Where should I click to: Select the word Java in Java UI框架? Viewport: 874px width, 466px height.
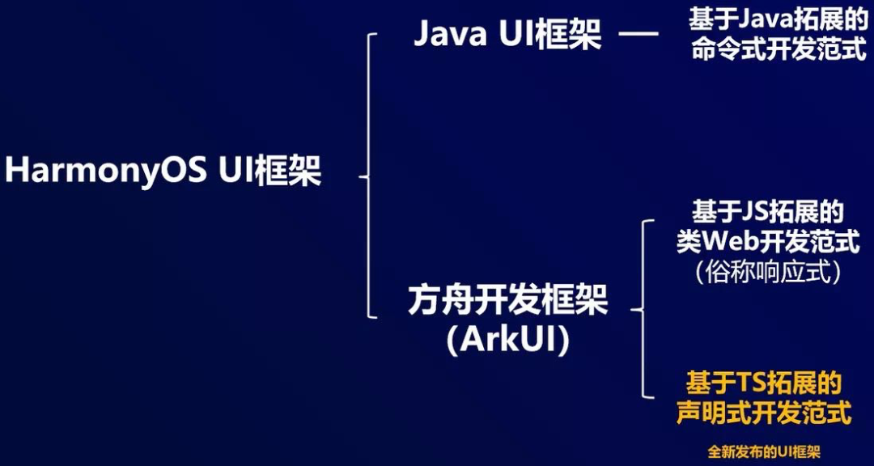click(x=450, y=35)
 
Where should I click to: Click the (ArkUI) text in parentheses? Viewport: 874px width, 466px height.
click(x=507, y=340)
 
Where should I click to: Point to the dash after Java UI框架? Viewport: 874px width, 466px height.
click(x=639, y=35)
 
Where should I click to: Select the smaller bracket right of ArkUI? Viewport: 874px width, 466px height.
click(x=643, y=308)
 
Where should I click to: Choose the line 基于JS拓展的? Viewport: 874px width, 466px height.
click(x=767, y=212)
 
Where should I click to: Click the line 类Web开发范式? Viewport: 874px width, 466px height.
click(x=767, y=242)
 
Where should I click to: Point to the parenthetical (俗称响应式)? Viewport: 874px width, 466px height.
click(x=767, y=272)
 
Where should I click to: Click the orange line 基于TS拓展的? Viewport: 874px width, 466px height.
click(x=764, y=382)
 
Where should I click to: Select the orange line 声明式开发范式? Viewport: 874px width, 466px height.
click(x=764, y=413)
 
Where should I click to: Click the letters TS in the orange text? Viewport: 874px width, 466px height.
click(x=751, y=382)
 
